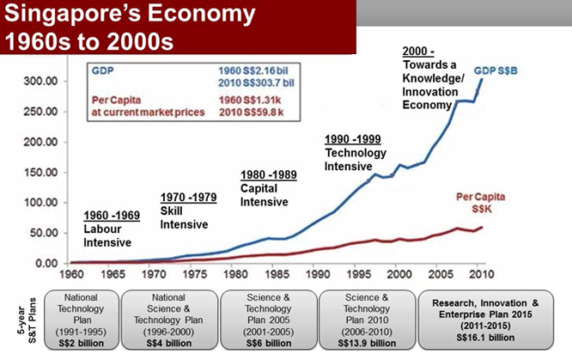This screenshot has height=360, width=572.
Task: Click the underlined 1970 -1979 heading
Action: pyautogui.click(x=188, y=197)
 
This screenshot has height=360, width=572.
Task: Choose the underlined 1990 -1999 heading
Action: pyautogui.click(x=354, y=137)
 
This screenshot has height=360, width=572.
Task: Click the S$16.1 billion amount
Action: pyautogui.click(x=489, y=341)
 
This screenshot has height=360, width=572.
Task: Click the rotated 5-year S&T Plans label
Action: pyautogui.click(x=15, y=319)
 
